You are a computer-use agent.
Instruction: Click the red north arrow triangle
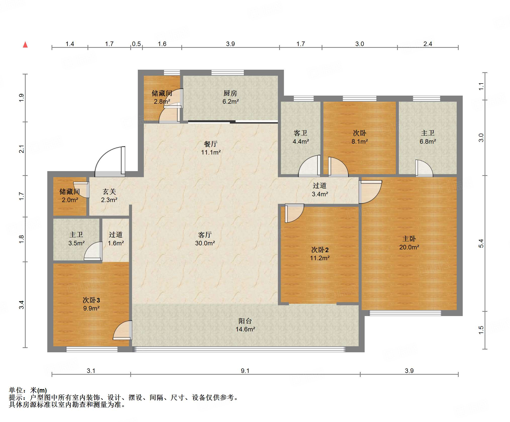point(25,45)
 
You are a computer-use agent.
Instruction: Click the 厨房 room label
point(230,93)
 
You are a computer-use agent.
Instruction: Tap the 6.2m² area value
point(230,102)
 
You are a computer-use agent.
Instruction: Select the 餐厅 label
point(211,144)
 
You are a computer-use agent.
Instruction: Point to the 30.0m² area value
point(205,243)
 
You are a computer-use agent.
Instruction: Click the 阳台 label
point(245,321)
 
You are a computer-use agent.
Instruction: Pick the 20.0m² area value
point(409,247)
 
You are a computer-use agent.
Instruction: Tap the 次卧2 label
point(320,250)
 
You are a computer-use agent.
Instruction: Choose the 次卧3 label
point(91,300)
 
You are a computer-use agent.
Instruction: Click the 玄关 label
point(109,192)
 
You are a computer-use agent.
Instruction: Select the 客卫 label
point(301,133)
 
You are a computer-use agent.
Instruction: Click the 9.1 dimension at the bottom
point(245,371)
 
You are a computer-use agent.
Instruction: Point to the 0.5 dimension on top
point(136,44)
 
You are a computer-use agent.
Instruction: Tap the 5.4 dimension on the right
point(481,243)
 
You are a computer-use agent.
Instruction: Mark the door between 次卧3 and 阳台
point(123,330)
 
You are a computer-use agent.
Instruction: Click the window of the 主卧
point(405,313)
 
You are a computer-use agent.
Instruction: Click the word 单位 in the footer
point(16,390)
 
